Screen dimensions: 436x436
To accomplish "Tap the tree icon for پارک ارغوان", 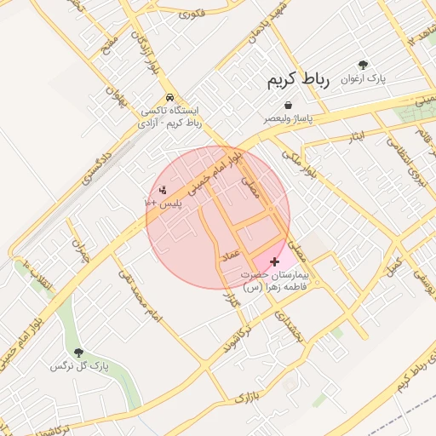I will pyautogui.click(x=364, y=65).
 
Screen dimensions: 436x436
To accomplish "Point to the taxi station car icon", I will pyautogui.click(x=172, y=97).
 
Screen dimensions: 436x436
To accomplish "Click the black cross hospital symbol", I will pyautogui.click(x=273, y=261).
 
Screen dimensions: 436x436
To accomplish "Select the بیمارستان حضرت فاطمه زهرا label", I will pyautogui.click(x=274, y=282).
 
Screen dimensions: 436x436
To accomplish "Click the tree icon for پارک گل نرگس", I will pyautogui.click(x=79, y=352).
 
